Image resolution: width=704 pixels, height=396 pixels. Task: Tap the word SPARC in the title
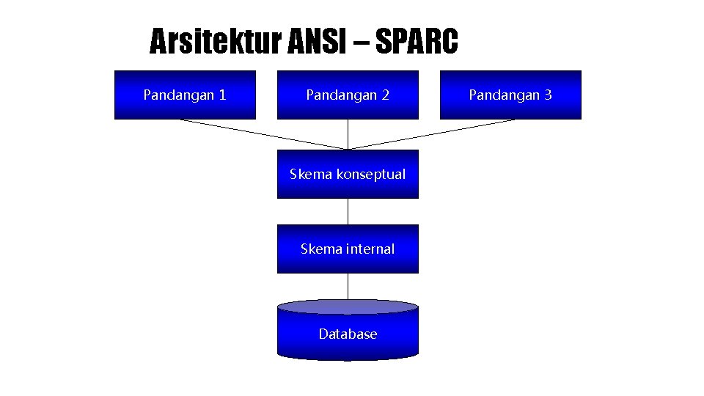click(x=417, y=42)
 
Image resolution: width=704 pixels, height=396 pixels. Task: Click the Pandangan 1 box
click(x=185, y=95)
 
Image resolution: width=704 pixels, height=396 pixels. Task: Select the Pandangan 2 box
click(x=348, y=95)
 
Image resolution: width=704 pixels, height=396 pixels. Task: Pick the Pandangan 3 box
click(x=510, y=95)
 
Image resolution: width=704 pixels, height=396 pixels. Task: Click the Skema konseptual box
click(x=348, y=175)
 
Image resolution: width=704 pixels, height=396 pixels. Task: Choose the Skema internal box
click(x=348, y=249)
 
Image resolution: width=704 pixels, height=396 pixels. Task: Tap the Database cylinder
click(x=348, y=334)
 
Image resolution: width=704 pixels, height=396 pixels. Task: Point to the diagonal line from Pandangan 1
click(x=264, y=134)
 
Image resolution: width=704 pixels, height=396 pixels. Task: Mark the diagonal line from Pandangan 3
click(x=431, y=134)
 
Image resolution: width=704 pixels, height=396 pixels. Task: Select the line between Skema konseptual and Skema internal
click(x=348, y=211)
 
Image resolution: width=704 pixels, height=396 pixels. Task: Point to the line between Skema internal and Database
click(x=348, y=286)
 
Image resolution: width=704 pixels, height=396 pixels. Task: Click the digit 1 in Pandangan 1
click(x=222, y=95)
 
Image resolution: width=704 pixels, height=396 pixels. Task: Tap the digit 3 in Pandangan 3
click(x=548, y=95)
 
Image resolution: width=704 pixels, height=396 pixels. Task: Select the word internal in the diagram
click(x=370, y=249)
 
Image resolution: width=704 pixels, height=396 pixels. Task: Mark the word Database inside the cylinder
click(x=348, y=334)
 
